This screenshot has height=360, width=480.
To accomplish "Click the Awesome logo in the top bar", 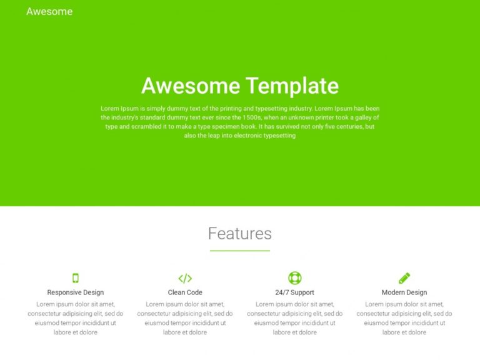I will click(x=49, y=11).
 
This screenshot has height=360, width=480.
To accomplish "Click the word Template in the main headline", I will click(x=291, y=86).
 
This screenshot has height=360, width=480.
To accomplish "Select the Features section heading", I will click(x=240, y=234).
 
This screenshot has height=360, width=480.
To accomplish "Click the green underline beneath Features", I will click(x=240, y=251).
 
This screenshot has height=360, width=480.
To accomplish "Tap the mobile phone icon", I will click(x=76, y=278).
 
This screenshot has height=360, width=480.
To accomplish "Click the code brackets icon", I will click(x=185, y=278).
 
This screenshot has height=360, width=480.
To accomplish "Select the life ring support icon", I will click(x=295, y=278).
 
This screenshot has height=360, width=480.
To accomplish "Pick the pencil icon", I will click(x=404, y=278).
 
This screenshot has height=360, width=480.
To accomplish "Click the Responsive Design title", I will click(x=76, y=292).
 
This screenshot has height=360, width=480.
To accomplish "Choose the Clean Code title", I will click(x=185, y=292).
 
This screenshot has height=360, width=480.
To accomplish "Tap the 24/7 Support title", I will click(x=295, y=292).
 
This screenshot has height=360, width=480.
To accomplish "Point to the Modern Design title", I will click(x=404, y=292).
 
